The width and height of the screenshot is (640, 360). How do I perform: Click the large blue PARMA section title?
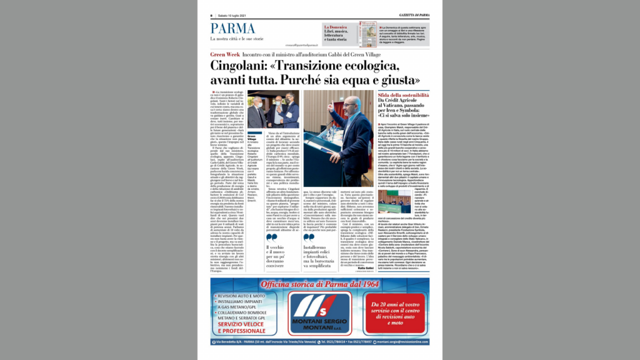click(232, 29)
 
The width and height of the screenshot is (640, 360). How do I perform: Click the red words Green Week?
click(226, 55)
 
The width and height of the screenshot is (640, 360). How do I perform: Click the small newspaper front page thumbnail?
click(368, 34)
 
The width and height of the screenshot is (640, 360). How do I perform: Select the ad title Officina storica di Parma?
click(319, 284)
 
